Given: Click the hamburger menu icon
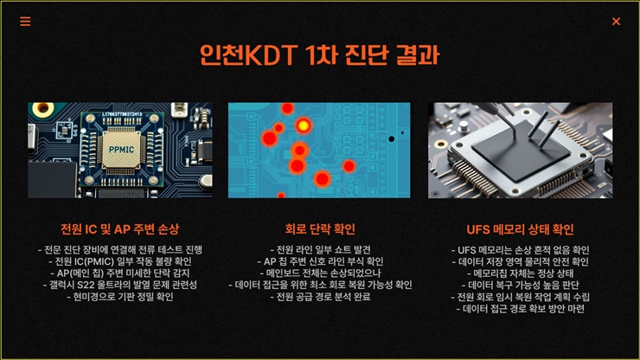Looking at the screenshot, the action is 25,22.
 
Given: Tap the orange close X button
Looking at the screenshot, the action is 616,22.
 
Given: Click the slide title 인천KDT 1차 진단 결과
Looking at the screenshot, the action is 320,55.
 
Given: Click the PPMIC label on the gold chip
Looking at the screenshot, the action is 121,150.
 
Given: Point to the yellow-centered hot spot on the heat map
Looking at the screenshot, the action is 304,125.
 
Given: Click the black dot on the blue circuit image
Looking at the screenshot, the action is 391,139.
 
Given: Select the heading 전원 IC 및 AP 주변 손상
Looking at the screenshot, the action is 120,229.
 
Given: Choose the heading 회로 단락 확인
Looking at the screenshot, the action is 320,229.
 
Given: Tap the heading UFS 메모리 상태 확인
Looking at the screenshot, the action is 520,229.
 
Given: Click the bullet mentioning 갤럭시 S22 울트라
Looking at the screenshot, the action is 120,285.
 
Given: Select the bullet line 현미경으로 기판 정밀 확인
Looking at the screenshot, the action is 120,297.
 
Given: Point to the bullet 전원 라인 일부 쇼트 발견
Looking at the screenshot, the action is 320,250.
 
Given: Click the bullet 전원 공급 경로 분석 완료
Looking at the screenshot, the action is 320,297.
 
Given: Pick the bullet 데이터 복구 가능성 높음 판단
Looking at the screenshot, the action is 520,285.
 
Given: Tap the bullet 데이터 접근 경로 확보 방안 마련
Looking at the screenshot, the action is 520,309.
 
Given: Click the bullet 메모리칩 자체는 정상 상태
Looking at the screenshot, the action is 520,273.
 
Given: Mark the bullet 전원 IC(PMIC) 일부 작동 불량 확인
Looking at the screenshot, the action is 120,261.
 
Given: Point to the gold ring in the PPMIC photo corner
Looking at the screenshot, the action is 42,108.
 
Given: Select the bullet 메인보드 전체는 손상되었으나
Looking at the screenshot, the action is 320,273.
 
